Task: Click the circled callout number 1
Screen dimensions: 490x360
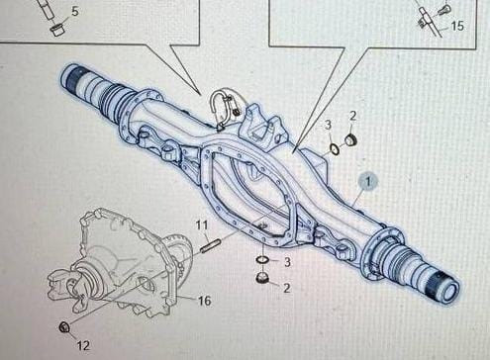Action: [368, 181]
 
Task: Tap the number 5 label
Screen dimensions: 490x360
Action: [75, 11]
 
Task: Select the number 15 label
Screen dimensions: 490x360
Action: [457, 26]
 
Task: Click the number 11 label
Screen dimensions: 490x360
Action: [202, 225]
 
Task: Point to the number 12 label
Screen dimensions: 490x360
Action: [83, 345]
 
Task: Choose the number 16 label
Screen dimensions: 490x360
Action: [204, 301]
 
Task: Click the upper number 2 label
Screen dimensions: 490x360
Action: [352, 116]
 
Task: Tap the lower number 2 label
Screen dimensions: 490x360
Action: [287, 288]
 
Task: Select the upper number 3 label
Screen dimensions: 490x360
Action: [328, 125]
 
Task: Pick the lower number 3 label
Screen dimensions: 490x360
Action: [287, 262]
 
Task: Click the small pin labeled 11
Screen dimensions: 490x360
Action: [210, 246]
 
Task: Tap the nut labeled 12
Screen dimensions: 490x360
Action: [63, 327]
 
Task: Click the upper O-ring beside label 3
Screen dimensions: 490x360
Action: [335, 149]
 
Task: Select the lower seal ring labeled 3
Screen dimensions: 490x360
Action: [262, 260]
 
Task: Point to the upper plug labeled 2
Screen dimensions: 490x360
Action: [350, 139]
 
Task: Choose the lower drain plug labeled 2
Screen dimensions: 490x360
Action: [262, 278]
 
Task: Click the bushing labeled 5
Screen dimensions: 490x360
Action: [56, 29]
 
